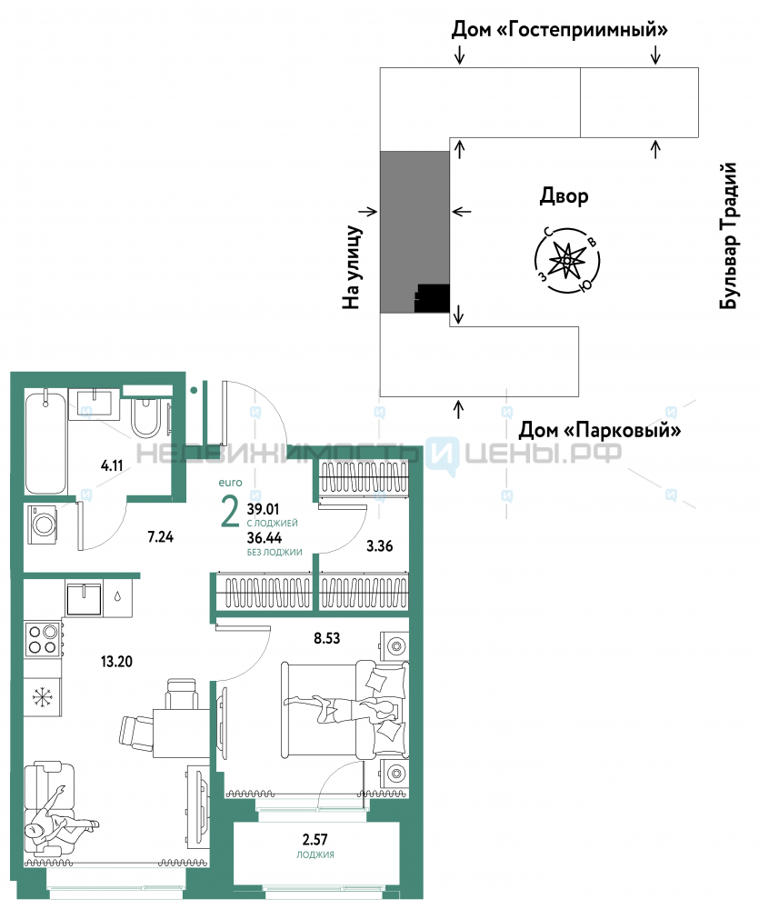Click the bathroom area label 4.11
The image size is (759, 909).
click(x=112, y=465)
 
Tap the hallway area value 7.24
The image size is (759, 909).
click(x=161, y=537)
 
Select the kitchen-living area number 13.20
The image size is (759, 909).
click(x=116, y=661)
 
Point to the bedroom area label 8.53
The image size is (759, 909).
click(x=327, y=638)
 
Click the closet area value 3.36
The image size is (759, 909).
click(x=380, y=545)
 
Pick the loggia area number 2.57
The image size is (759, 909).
click(x=315, y=839)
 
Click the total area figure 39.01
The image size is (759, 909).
click(x=264, y=509)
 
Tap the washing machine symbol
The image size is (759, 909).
click(x=44, y=524)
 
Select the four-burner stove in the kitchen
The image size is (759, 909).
click(x=44, y=638)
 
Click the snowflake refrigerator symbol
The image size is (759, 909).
click(x=43, y=696)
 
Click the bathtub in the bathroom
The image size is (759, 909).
click(x=45, y=443)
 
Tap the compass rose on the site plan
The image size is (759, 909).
click(x=566, y=260)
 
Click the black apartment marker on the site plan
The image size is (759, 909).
click(x=433, y=298)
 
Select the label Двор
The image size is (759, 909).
click(x=564, y=196)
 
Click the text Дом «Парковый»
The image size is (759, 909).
click(x=600, y=430)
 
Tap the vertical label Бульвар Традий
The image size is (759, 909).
click(x=728, y=235)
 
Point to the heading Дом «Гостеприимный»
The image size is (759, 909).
click(x=560, y=29)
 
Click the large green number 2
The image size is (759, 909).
click(x=230, y=512)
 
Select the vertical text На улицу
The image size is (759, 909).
click(x=352, y=266)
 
